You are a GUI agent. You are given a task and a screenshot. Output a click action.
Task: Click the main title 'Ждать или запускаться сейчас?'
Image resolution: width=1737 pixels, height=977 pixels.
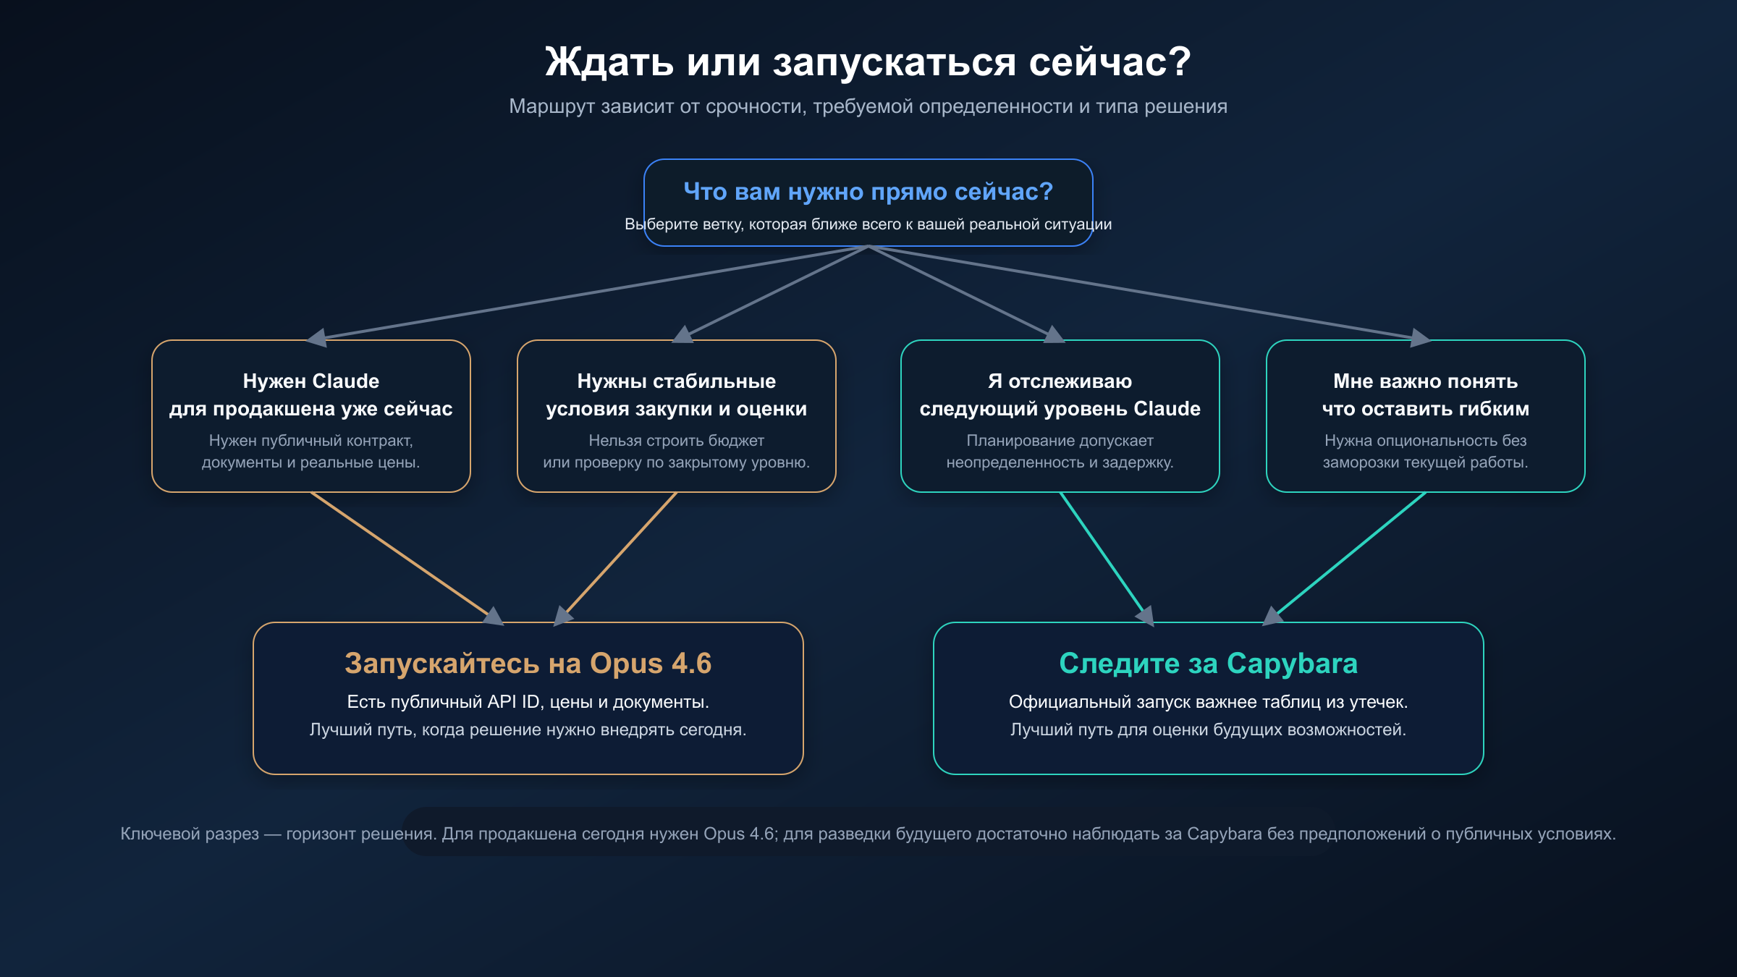click(868, 62)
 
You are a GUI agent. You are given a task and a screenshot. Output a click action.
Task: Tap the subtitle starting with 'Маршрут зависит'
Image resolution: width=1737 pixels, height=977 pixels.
click(868, 106)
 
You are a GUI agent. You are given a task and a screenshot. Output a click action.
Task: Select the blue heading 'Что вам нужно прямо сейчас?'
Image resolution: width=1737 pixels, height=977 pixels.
click(868, 192)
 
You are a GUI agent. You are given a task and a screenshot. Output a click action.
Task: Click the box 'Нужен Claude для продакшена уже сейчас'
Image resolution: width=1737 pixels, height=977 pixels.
click(310, 415)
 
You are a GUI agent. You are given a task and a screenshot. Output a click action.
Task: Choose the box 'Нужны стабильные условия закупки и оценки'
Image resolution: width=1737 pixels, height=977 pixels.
click(676, 415)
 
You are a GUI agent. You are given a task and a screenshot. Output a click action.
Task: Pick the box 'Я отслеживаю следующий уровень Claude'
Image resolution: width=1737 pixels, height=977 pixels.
click(1060, 415)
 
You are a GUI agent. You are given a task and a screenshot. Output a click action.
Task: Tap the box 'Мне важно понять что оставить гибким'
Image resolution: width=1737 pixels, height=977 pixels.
click(1425, 415)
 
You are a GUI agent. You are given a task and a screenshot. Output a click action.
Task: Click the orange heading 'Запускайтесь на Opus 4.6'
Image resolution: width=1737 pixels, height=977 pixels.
click(528, 664)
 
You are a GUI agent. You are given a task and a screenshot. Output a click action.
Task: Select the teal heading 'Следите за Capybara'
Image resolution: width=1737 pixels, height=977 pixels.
click(1208, 664)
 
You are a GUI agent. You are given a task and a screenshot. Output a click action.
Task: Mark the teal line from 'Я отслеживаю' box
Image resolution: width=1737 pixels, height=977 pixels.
click(1102, 554)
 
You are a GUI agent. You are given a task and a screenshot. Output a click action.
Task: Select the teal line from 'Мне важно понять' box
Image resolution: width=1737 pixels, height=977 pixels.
click(1350, 554)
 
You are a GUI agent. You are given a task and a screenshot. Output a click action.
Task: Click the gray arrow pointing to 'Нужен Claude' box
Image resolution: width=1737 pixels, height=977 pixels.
click(318, 337)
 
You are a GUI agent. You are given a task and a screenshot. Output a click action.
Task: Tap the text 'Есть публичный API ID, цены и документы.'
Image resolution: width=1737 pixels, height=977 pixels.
click(528, 702)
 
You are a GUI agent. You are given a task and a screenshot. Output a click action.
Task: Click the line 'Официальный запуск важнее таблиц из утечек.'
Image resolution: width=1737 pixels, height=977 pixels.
click(1208, 702)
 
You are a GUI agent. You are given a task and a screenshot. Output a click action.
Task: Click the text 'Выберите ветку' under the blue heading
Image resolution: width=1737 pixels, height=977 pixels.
click(677, 224)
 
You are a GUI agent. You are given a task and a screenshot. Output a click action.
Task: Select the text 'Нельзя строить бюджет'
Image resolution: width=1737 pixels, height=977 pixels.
click(676, 441)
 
